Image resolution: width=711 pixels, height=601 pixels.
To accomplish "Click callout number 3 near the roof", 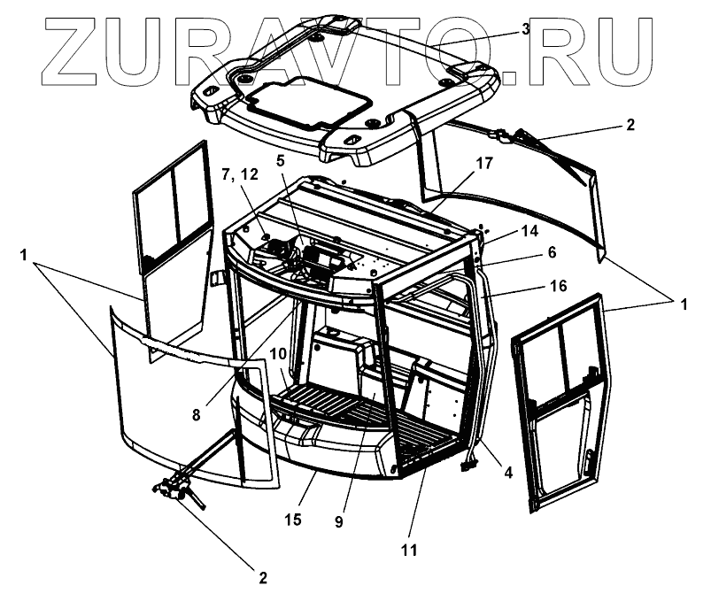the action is tap(526, 28).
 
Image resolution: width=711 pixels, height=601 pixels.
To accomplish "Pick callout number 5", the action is tap(282, 162).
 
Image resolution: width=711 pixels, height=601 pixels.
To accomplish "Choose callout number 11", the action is tap(407, 550).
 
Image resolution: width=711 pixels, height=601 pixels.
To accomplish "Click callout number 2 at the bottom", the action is tap(262, 578).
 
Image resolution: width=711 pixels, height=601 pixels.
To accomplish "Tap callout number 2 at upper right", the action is tap(630, 125).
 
